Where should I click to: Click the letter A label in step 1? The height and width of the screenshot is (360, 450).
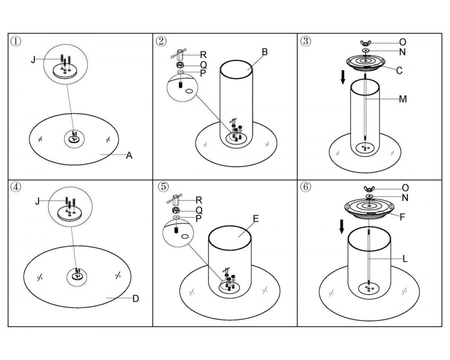129,155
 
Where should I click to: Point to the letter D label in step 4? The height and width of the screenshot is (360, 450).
135,299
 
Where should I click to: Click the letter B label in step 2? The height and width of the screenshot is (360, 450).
264,52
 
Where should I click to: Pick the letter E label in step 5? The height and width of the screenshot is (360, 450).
255,218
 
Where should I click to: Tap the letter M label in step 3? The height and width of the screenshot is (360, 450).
403,99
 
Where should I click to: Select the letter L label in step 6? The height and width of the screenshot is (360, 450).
404,259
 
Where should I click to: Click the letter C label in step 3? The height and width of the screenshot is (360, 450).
399,70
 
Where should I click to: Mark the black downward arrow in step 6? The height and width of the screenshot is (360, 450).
341,225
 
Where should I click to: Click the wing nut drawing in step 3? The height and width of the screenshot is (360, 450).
366,43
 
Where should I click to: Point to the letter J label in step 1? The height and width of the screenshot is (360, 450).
33,59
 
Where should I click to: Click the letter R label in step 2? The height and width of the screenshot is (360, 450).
203,54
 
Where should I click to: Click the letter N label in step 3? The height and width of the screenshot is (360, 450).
402,52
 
